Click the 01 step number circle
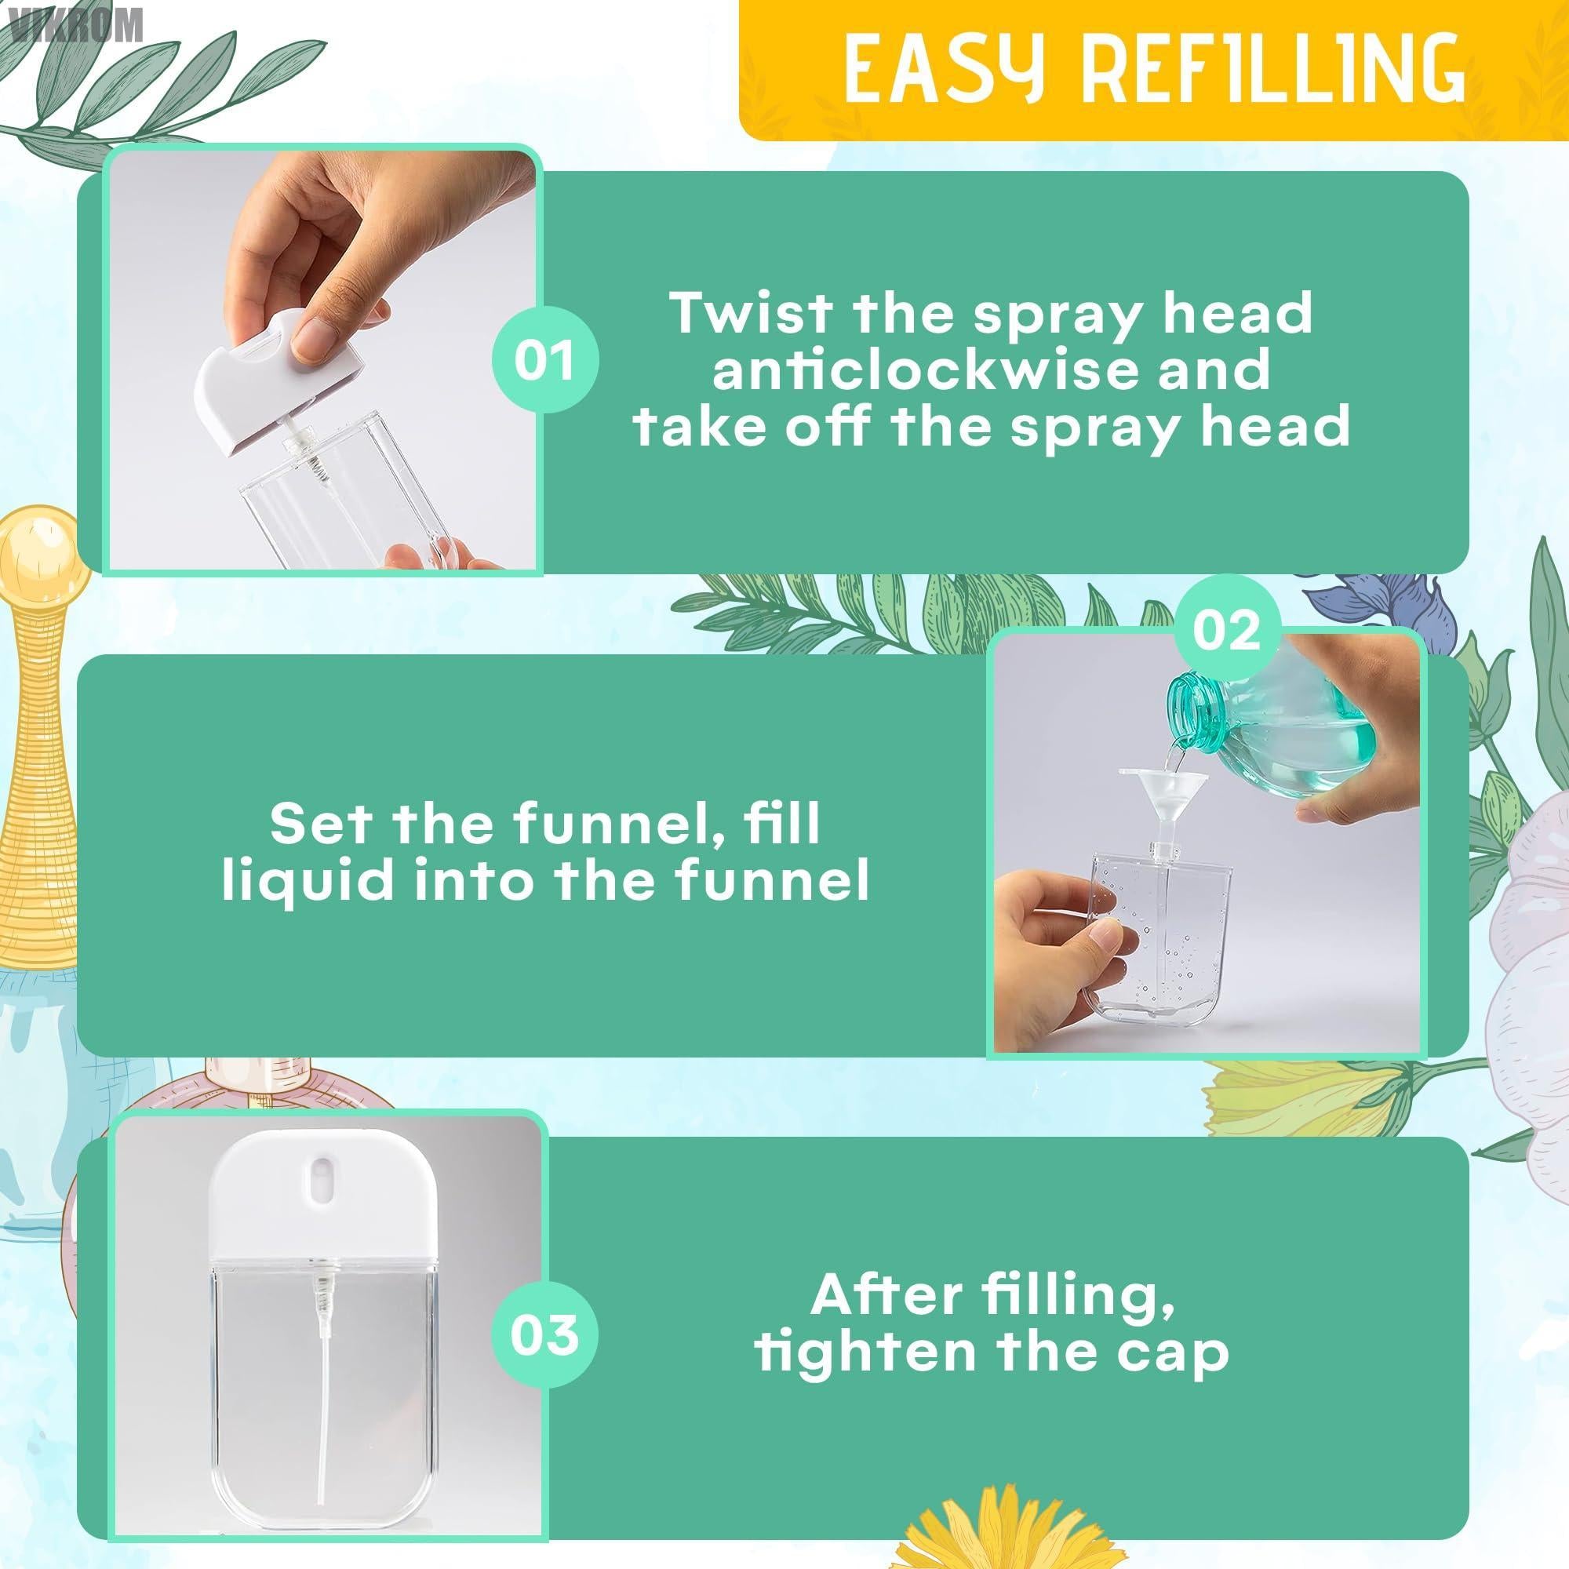click(x=545, y=361)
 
